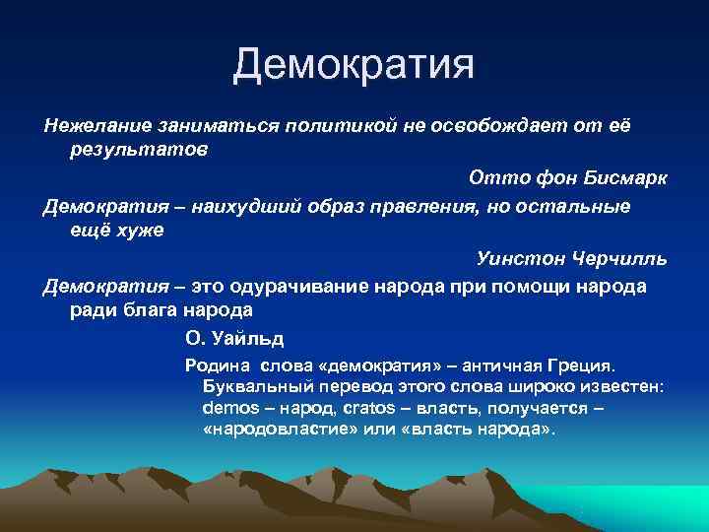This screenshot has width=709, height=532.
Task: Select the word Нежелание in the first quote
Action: (89, 126)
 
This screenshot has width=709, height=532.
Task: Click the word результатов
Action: (138, 152)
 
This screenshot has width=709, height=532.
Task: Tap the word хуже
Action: (140, 232)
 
